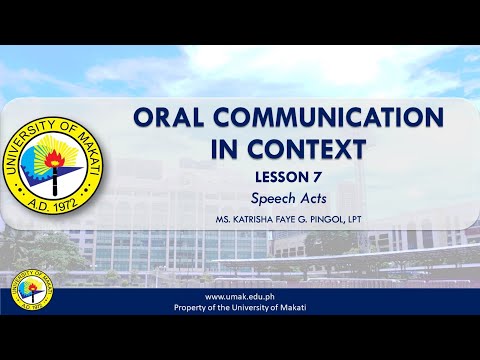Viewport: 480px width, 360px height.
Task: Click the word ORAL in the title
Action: (169, 119)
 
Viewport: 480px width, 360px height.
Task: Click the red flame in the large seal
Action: (61, 150)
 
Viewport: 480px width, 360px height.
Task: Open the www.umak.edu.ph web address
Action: (239, 297)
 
